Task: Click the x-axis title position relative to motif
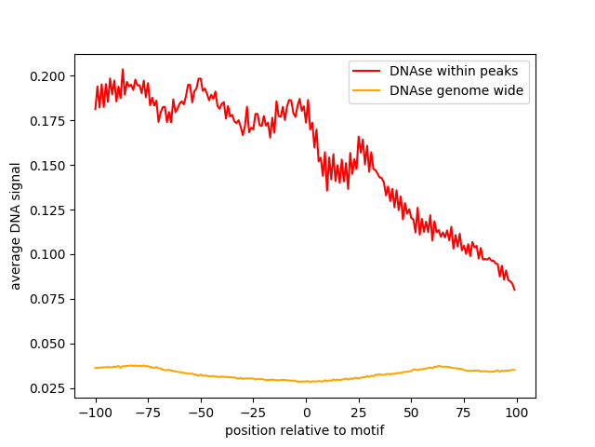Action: click(x=305, y=430)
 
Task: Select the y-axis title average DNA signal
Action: click(x=17, y=225)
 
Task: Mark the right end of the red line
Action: click(x=515, y=289)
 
